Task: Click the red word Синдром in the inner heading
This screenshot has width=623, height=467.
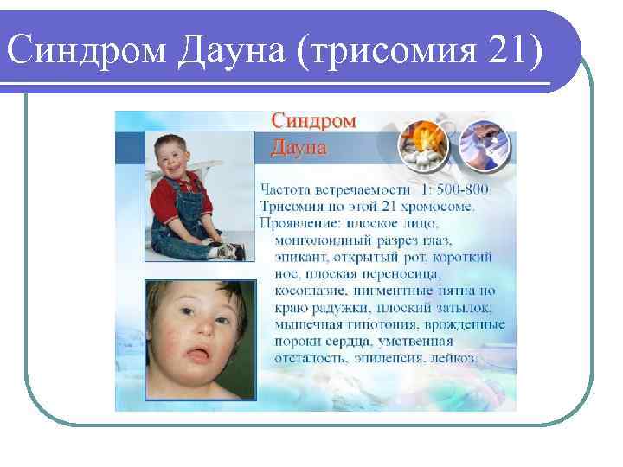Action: [313, 121]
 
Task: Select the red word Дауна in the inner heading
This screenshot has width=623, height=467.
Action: [299, 146]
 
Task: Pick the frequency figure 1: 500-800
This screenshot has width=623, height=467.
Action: [456, 189]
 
